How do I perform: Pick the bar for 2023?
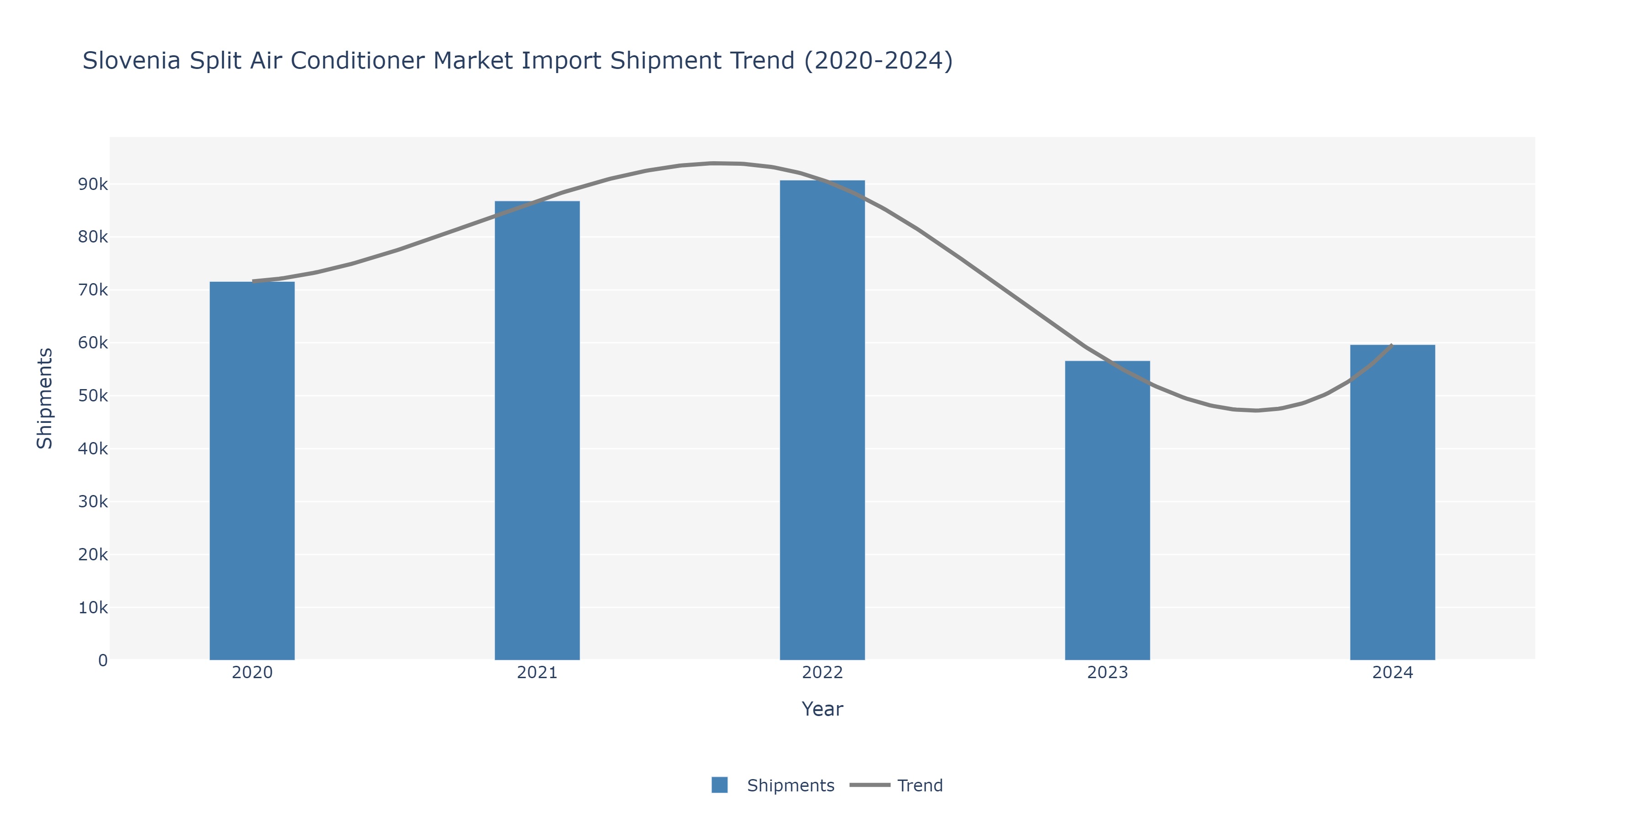1107,511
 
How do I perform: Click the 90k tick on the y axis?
93,184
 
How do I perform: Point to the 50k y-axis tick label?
93,395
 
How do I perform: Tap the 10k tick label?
93,607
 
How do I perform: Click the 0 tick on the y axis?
103,660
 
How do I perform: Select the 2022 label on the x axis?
822,673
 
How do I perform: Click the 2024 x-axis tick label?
1392,673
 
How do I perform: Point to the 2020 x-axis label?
252,673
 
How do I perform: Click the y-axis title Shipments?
45,398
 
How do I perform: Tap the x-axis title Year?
822,709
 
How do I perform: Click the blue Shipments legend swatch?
720,785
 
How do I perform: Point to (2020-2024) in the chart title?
878,61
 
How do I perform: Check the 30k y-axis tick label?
93,501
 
